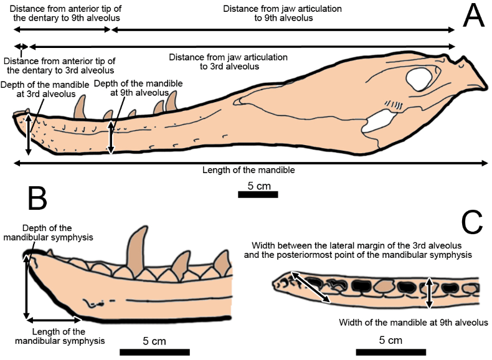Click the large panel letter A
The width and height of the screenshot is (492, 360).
coord(473,17)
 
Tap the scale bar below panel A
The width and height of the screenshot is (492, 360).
coord(258,195)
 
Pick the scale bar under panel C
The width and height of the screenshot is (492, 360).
coord(390,351)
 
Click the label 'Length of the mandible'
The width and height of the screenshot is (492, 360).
coord(248,170)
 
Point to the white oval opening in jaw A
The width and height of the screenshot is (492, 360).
coord(419,78)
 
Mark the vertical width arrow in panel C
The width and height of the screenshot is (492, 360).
coord(428,293)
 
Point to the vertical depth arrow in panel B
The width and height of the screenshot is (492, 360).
coord(26,287)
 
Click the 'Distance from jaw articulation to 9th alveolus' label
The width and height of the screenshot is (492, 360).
coord(283,14)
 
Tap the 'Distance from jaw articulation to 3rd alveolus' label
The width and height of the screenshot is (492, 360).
coord(229,62)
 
